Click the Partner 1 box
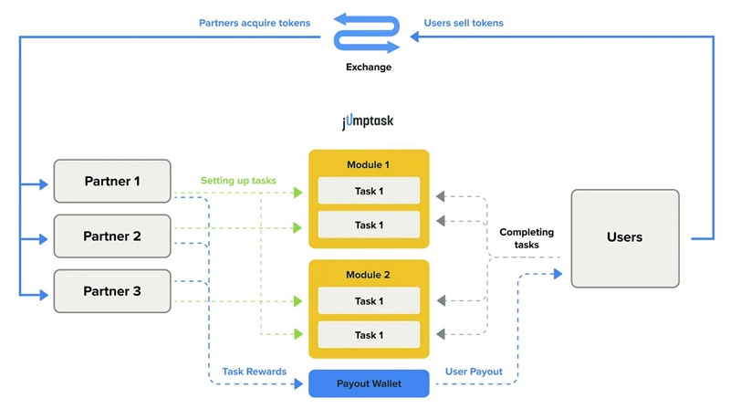(x=112, y=181)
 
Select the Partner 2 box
(x=112, y=236)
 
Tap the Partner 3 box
(x=112, y=291)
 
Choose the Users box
(x=624, y=236)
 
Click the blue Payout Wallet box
(x=368, y=383)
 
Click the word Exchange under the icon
(x=369, y=67)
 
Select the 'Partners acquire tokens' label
(x=254, y=22)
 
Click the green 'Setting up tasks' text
(x=239, y=181)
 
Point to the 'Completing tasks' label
(x=526, y=238)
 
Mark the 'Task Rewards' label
(x=254, y=372)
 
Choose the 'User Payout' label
(x=475, y=372)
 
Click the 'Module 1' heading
(x=368, y=164)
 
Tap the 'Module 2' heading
(x=368, y=275)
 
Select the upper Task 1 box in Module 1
(x=368, y=191)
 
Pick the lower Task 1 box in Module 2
(x=368, y=335)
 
